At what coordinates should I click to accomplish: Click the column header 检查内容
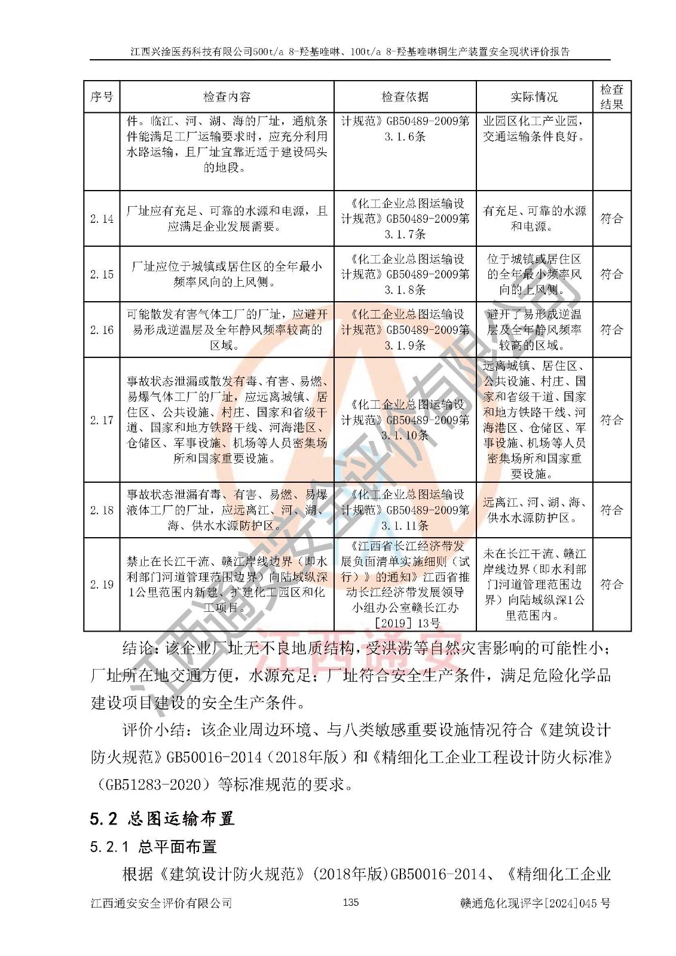(x=227, y=97)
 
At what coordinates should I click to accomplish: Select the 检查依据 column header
(x=405, y=97)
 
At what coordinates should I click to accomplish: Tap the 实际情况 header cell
(x=534, y=97)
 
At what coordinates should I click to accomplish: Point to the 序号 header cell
(x=102, y=97)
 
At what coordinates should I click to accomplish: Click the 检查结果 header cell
(x=611, y=97)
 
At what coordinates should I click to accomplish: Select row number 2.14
(x=102, y=219)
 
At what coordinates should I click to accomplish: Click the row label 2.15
(x=102, y=274)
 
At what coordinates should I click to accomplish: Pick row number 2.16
(x=102, y=330)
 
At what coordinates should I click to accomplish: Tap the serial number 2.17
(x=102, y=420)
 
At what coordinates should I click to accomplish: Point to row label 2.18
(x=102, y=510)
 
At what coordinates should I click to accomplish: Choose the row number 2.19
(x=102, y=584)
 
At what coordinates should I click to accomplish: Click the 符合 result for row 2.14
(x=611, y=219)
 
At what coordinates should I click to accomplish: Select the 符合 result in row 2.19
(x=611, y=584)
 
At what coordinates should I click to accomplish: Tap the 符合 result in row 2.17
(x=611, y=420)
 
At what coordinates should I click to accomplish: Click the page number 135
(x=351, y=902)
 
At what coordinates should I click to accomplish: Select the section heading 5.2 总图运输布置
(x=162, y=819)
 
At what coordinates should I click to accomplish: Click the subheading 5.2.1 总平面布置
(x=153, y=847)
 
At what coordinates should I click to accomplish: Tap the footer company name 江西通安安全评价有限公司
(x=161, y=903)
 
